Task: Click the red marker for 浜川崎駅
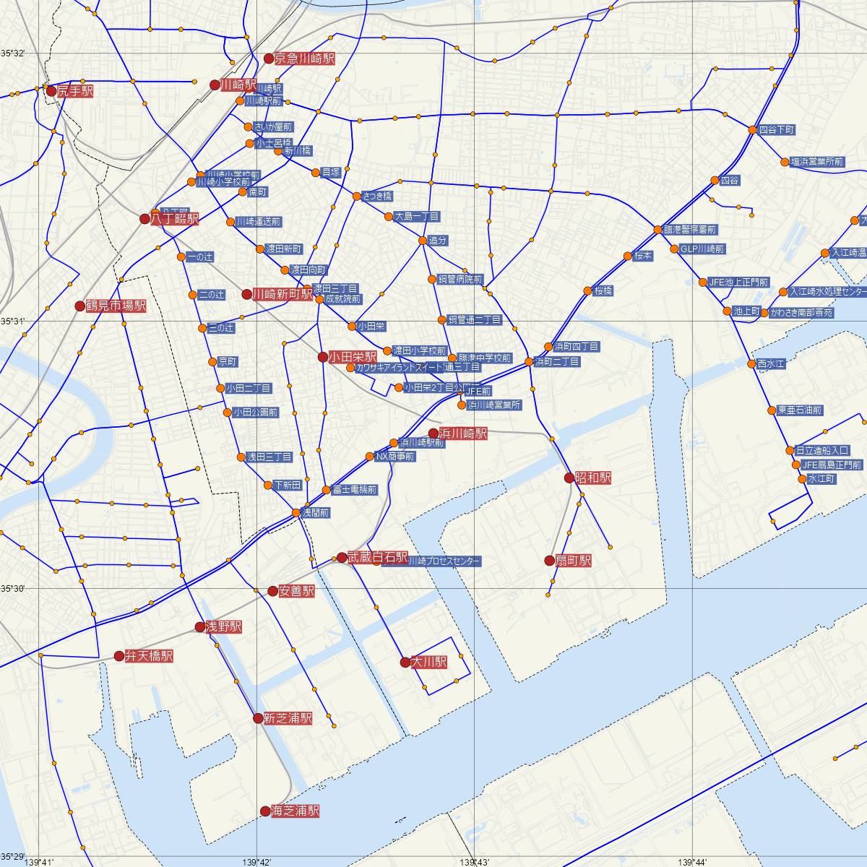[433, 433]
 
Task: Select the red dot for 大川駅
[405, 662]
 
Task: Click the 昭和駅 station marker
[569, 478]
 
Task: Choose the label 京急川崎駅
[304, 59]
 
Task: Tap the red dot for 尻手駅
[51, 91]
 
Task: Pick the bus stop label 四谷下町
[777, 130]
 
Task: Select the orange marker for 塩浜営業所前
[785, 162]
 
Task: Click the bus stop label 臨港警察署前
[690, 230]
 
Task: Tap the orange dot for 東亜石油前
[772, 410]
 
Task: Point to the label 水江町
[821, 479]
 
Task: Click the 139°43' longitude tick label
[474, 861]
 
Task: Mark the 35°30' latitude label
[12, 589]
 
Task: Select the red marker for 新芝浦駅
[258, 718]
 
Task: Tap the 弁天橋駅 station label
[149, 657]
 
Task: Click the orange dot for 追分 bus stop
[423, 240]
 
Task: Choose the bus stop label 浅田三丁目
[269, 457]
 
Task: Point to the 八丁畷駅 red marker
[144, 218]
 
